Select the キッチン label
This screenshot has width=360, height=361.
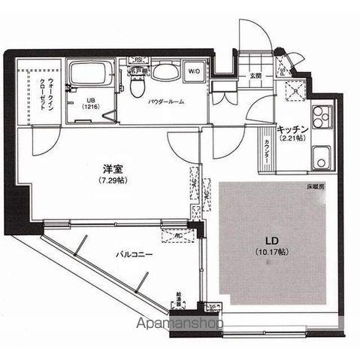coord(292,129)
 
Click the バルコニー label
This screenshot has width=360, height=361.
coord(135,255)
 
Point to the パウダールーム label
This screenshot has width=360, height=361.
coord(166,102)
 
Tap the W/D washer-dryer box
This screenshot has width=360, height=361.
coord(193,73)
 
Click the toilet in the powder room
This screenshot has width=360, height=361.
coord(136,85)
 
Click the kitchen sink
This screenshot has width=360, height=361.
coord(320,159)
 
